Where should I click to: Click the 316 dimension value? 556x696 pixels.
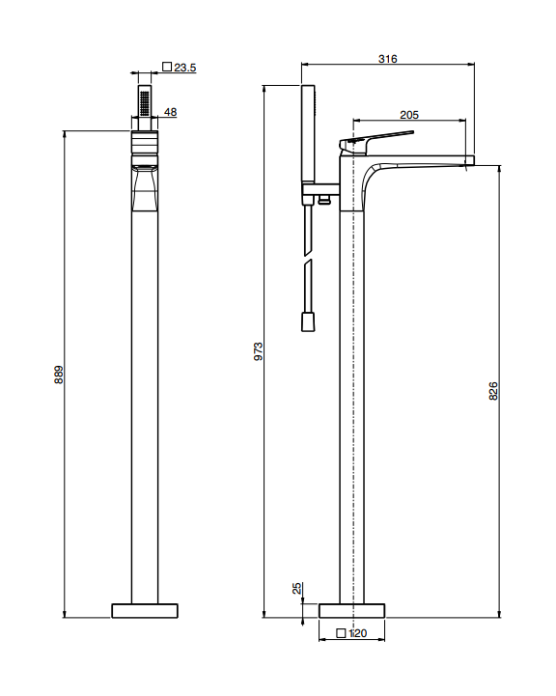pos(387,59)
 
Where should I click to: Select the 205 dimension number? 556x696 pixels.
pos(408,115)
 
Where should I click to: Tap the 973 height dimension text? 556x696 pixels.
pos(259,351)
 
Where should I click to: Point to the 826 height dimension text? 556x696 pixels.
pos(493,391)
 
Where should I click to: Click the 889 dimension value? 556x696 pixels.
pos(59,375)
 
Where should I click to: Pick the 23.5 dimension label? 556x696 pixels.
pos(184,68)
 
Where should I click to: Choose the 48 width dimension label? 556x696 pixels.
pos(171,112)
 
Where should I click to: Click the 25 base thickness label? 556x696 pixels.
pos(297,588)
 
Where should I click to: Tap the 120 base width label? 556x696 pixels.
pos(358,633)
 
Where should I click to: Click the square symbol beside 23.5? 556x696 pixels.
pos(167,67)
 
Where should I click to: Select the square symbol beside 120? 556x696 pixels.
pos(341,633)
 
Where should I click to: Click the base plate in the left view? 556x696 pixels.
pos(145,611)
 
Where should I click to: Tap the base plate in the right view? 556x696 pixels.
pos(352,611)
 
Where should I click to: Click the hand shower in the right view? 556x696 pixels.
pos(308,133)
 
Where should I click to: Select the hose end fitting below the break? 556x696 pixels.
pos(308,321)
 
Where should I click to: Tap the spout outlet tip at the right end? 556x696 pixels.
pos(470,160)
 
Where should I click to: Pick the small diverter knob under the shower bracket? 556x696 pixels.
pos(324,201)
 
